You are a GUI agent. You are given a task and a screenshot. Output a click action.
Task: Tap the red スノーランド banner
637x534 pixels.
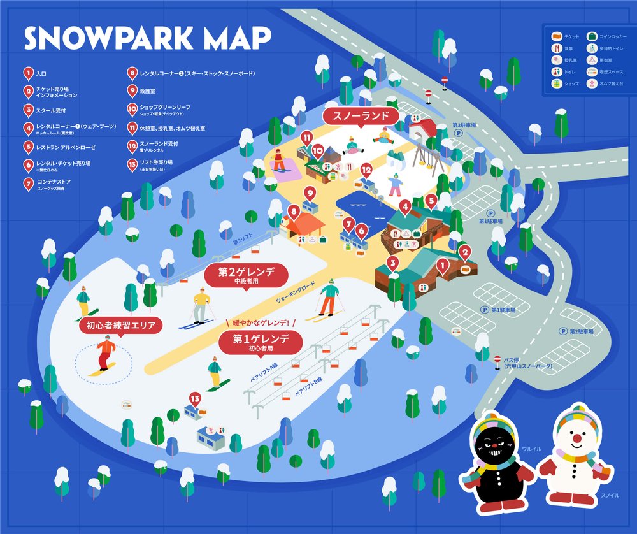point(361,117)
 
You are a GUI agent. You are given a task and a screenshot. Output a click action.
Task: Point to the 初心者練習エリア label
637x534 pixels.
point(120,326)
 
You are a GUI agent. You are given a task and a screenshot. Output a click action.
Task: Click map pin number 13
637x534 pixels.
point(195,400)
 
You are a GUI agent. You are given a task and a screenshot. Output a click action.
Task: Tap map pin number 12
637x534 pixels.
point(366,171)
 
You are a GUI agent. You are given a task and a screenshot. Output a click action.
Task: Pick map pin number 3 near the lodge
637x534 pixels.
point(393,263)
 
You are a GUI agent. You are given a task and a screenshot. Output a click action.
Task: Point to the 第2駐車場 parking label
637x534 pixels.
point(580,331)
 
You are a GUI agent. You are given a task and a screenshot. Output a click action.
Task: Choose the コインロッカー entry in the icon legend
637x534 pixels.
point(608,36)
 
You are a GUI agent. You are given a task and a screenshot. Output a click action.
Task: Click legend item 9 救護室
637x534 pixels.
point(143,90)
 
